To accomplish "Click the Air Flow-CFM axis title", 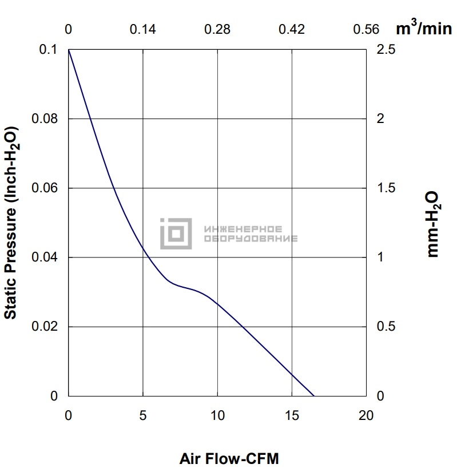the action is [x=229, y=458].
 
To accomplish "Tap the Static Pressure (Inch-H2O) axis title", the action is [x=11, y=223].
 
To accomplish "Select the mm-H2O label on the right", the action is [x=432, y=224].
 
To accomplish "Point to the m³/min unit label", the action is [x=424, y=29].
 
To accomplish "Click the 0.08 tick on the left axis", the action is [x=45, y=119].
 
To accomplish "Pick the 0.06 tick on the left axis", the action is [x=45, y=188].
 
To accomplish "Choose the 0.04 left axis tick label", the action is [x=45, y=257].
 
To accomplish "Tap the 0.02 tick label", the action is [x=45, y=327].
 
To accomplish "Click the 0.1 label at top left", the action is [x=48, y=50].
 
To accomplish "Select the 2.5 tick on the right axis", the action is [x=386, y=50].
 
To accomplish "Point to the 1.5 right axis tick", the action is [x=386, y=188].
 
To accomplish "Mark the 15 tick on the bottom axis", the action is [x=292, y=415].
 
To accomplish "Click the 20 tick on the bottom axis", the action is [x=366, y=415].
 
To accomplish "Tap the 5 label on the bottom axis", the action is [x=143, y=415].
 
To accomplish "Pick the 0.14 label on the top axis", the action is [x=142, y=29].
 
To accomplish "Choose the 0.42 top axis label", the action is [x=292, y=29].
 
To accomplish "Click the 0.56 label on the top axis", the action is [x=366, y=29].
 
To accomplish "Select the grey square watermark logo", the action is [x=176, y=233].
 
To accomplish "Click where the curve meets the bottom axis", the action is [x=314, y=396].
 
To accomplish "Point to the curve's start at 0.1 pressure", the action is [x=69, y=50].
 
